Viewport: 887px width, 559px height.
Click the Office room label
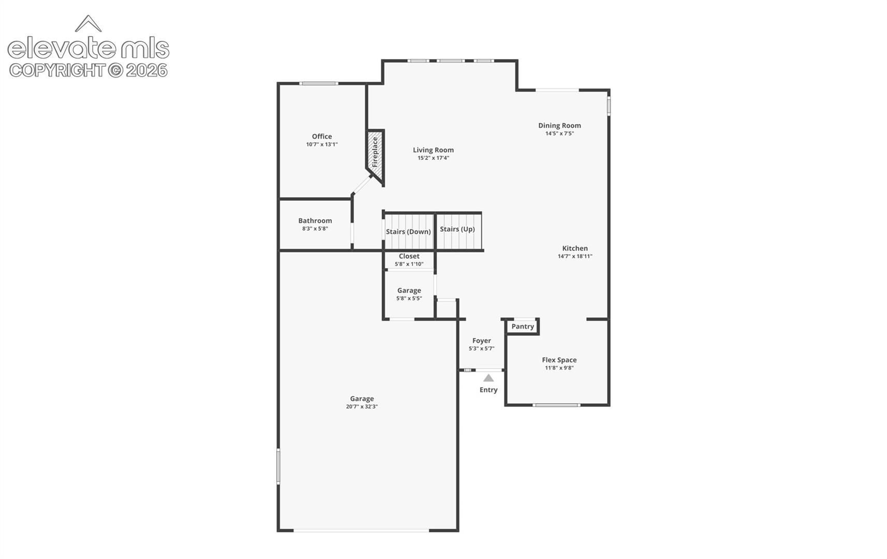point(321,136)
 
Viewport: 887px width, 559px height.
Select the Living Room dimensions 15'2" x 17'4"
point(433,158)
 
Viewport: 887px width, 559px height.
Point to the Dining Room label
point(559,126)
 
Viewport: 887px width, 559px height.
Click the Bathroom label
point(315,220)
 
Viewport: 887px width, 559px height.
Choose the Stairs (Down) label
point(408,232)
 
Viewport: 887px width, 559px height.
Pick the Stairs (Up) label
point(457,229)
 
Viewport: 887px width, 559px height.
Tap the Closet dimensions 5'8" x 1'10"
point(409,264)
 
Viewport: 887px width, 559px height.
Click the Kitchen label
point(575,248)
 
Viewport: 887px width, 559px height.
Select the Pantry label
point(523,327)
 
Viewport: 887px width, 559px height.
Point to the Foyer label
point(481,341)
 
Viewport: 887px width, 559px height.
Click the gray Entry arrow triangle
point(489,378)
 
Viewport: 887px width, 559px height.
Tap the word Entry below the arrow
point(488,390)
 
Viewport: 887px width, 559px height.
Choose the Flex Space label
point(559,360)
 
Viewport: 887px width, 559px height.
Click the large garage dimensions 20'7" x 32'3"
point(362,406)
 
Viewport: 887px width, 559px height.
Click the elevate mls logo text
point(88,48)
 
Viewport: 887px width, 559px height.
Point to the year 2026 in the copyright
point(146,70)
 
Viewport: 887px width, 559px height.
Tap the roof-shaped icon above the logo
point(88,23)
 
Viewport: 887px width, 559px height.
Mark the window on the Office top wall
point(319,84)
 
